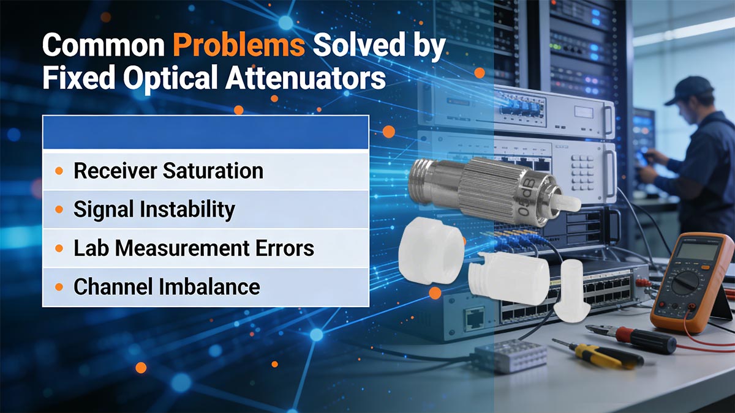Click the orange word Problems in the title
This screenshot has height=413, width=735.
click(238, 47)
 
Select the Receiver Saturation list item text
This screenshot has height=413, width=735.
click(168, 171)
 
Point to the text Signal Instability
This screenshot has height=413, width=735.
click(154, 210)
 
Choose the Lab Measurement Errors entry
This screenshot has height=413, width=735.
click(194, 248)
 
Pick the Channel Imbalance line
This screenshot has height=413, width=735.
click(167, 286)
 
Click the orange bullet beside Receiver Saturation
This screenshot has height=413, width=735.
click(59, 171)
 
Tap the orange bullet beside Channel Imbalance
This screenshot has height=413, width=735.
click(59, 286)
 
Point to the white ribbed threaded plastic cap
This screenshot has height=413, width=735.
click(507, 279)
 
